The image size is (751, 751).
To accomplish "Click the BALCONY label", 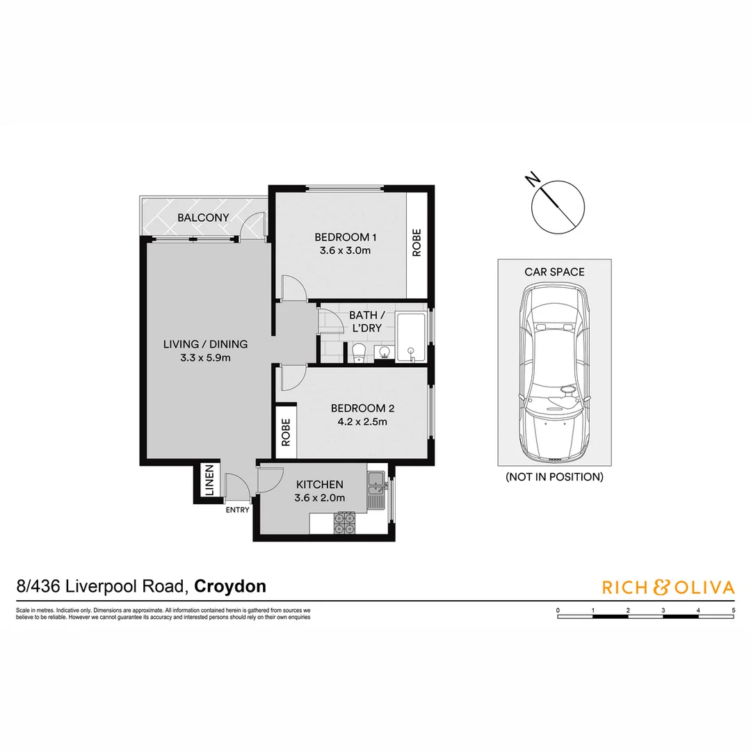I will pyautogui.click(x=203, y=218).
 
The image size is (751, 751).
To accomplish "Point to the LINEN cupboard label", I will pyautogui.click(x=209, y=481).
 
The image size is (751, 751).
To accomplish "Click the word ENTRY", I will pyautogui.click(x=237, y=510).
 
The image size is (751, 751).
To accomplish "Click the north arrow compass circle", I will pyautogui.click(x=558, y=206).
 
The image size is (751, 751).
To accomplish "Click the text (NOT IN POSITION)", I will pyautogui.click(x=554, y=477).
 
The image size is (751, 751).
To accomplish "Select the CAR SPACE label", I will pyautogui.click(x=554, y=272).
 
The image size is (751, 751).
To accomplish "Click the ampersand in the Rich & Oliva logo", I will pyautogui.click(x=661, y=588).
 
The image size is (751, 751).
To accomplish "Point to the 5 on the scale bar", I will pyautogui.click(x=734, y=610).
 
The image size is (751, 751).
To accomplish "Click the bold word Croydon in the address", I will pyautogui.click(x=230, y=586).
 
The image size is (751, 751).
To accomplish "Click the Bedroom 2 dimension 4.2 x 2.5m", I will pyautogui.click(x=359, y=421).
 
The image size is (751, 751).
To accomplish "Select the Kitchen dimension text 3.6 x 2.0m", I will pyautogui.click(x=320, y=498).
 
